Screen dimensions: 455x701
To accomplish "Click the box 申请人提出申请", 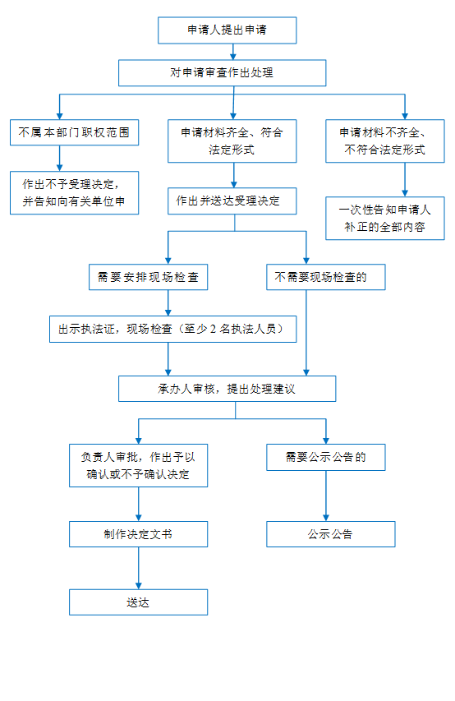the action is pos(227,30).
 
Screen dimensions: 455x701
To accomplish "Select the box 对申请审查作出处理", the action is pos(222,73).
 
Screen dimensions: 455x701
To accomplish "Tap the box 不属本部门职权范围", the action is pos(74,132).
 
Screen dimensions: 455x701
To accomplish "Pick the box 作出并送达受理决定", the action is pos(232,201).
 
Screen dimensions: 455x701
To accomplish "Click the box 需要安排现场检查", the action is pos(148,277).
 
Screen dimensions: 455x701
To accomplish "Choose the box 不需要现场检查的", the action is pos(326,277).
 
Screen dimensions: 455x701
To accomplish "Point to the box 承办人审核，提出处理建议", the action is pos(227,389).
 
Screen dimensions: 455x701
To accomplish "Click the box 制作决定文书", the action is pos(138,534).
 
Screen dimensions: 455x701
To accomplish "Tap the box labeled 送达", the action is pos(138,602).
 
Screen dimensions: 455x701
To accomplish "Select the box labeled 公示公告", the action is pos(331,534).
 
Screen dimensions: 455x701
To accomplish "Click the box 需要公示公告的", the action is pos(326,458).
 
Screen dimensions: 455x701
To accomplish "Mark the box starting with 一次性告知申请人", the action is pos(385,218).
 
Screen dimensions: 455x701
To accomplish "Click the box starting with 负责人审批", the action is pos(138,465).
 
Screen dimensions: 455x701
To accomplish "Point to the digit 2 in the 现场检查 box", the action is pos(213,329).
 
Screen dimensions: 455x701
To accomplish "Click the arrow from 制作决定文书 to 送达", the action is pos(139,568).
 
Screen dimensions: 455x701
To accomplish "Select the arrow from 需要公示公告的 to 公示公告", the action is pos(326,496).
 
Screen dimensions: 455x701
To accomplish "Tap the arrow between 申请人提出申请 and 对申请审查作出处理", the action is pos(233,52).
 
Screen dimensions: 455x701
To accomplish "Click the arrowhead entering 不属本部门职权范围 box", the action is pos(59,116).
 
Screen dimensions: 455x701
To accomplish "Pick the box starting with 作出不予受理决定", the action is pos(74,192).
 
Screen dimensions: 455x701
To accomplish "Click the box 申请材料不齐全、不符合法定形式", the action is pos(385,141).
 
